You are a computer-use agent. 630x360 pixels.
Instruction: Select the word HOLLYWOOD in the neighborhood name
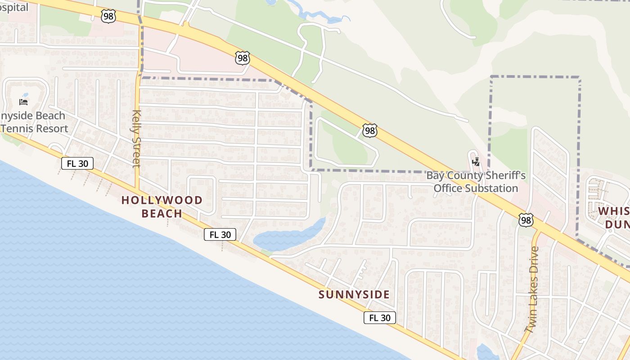[162, 200]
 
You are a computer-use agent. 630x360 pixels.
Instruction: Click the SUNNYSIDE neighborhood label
[354, 295]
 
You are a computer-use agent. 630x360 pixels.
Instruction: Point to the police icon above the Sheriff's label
[476, 162]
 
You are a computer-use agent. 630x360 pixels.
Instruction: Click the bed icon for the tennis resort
[23, 102]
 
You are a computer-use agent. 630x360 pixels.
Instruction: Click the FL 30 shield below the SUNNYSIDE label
[380, 318]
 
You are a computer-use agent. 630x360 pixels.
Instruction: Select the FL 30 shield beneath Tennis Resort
[77, 163]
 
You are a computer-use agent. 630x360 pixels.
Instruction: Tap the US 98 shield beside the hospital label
[108, 17]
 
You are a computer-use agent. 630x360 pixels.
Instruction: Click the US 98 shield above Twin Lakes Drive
[526, 220]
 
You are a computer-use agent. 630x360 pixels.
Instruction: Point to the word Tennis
[19, 128]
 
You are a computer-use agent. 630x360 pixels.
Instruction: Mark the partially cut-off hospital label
[13, 7]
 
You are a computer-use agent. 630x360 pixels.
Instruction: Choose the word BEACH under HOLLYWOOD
[162, 213]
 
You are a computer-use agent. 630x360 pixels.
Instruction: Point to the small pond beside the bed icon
[25, 95]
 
